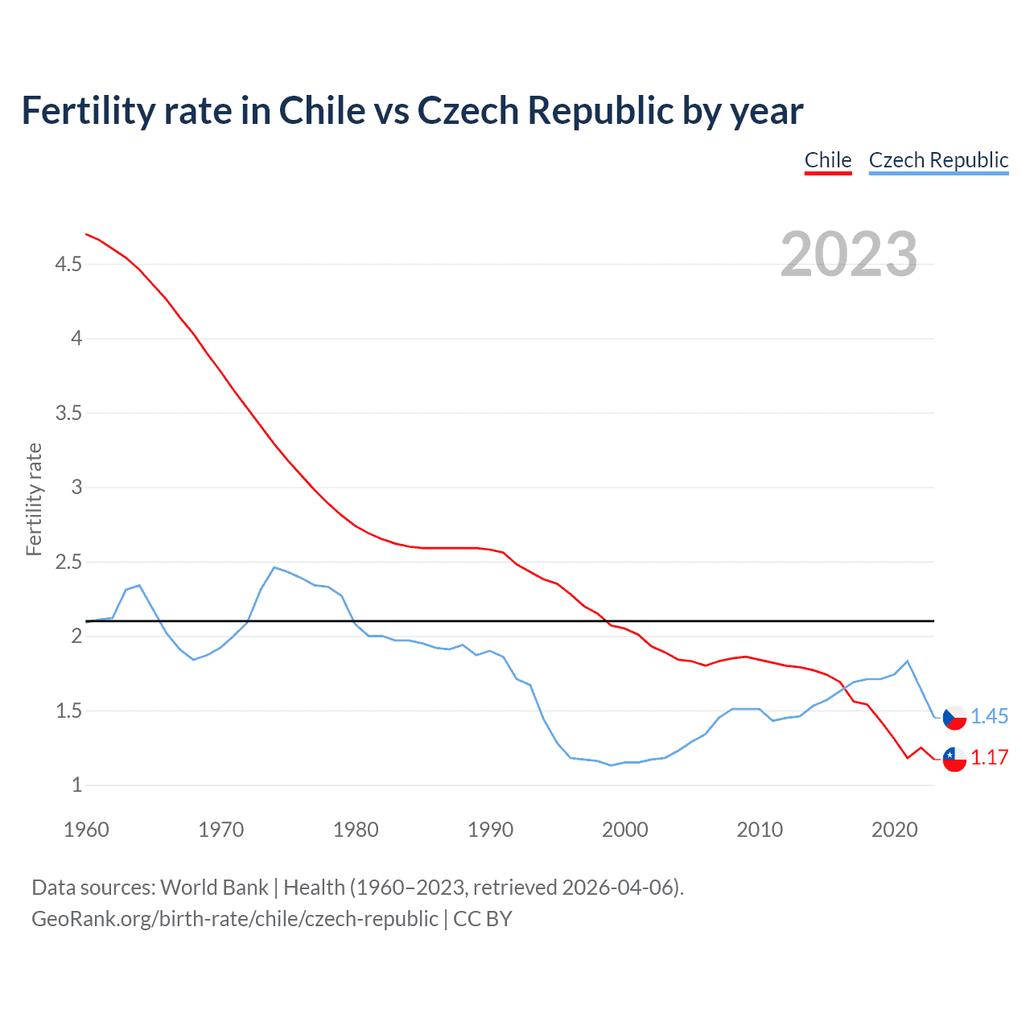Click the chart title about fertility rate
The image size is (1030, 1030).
[x=412, y=111]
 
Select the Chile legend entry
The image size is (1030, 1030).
[x=828, y=160]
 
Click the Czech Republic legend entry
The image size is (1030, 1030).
[x=938, y=160]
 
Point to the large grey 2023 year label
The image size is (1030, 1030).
[x=848, y=254]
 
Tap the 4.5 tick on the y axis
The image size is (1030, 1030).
[x=68, y=264]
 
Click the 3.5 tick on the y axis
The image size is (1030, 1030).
[x=68, y=414]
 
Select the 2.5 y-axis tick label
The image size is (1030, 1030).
[x=68, y=562]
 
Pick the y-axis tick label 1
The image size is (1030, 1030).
[x=76, y=785]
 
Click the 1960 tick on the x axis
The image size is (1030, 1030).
[x=86, y=830]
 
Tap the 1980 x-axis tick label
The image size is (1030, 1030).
[x=356, y=830]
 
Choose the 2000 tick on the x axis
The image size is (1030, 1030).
[x=624, y=830]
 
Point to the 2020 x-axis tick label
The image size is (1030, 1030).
[x=894, y=830]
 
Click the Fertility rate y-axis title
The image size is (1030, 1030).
[x=34, y=499]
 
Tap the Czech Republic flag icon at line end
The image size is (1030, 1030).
[x=954, y=717]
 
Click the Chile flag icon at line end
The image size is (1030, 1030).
[x=954, y=758]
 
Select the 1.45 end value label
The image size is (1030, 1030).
[x=989, y=716]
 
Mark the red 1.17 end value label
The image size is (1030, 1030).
[x=989, y=757]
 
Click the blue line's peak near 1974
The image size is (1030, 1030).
[x=274, y=567]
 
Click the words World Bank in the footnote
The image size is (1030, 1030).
[x=214, y=888]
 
